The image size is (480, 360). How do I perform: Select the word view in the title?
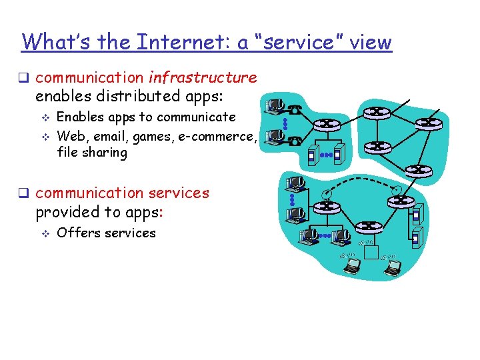point(370,42)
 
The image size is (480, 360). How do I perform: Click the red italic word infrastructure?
point(203,77)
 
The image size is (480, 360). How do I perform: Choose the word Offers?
point(76,233)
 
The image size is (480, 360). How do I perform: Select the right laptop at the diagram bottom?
point(393,267)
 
